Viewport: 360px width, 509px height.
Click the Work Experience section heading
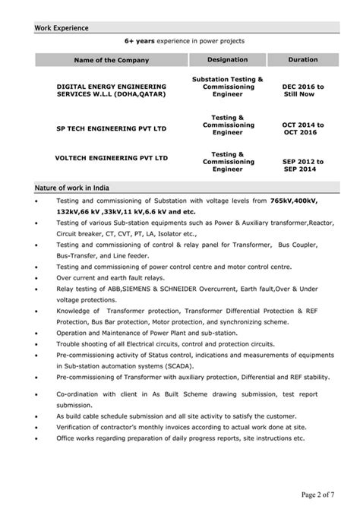[62, 28]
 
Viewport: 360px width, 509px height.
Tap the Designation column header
[228, 59]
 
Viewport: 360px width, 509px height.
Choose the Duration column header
[303, 59]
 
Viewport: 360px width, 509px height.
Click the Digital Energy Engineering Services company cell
[111, 90]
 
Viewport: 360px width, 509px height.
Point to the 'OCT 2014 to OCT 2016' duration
[303, 128]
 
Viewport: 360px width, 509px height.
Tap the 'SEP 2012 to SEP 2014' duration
[303, 165]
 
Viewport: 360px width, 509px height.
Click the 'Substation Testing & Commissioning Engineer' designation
[228, 87]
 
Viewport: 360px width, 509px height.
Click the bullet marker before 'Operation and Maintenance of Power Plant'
[37, 333]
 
